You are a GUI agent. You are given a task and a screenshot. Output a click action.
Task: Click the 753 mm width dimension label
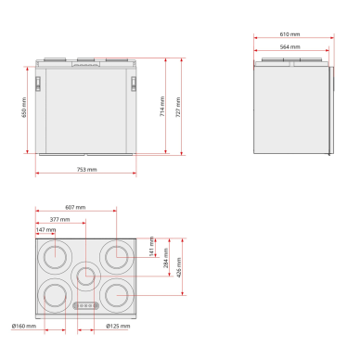[86, 170]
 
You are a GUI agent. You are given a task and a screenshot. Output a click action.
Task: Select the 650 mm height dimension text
[24, 108]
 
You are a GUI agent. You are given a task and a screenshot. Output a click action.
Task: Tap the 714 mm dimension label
[162, 107]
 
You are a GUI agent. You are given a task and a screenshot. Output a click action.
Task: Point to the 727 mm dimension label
[178, 107]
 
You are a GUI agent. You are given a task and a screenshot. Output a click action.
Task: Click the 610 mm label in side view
[289, 34]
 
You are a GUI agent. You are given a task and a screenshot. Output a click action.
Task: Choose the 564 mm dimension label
[289, 47]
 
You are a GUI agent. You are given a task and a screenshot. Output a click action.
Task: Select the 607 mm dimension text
[75, 207]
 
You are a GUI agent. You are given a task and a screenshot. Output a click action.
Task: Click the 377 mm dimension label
[59, 219]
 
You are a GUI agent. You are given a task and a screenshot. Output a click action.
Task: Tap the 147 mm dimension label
[45, 230]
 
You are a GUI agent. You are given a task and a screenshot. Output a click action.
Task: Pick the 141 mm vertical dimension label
[151, 247]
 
